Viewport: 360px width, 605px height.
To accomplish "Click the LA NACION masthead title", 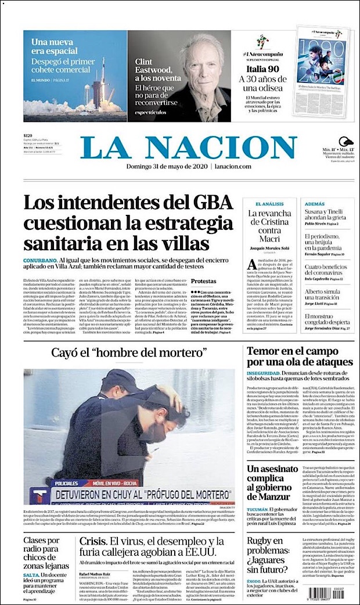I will [x=198, y=148].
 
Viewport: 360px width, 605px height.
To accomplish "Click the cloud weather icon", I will [x=347, y=142].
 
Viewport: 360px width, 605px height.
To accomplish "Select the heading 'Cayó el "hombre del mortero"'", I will [x=129, y=352].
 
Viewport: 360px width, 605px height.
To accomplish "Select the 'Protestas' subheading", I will [x=204, y=280].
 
